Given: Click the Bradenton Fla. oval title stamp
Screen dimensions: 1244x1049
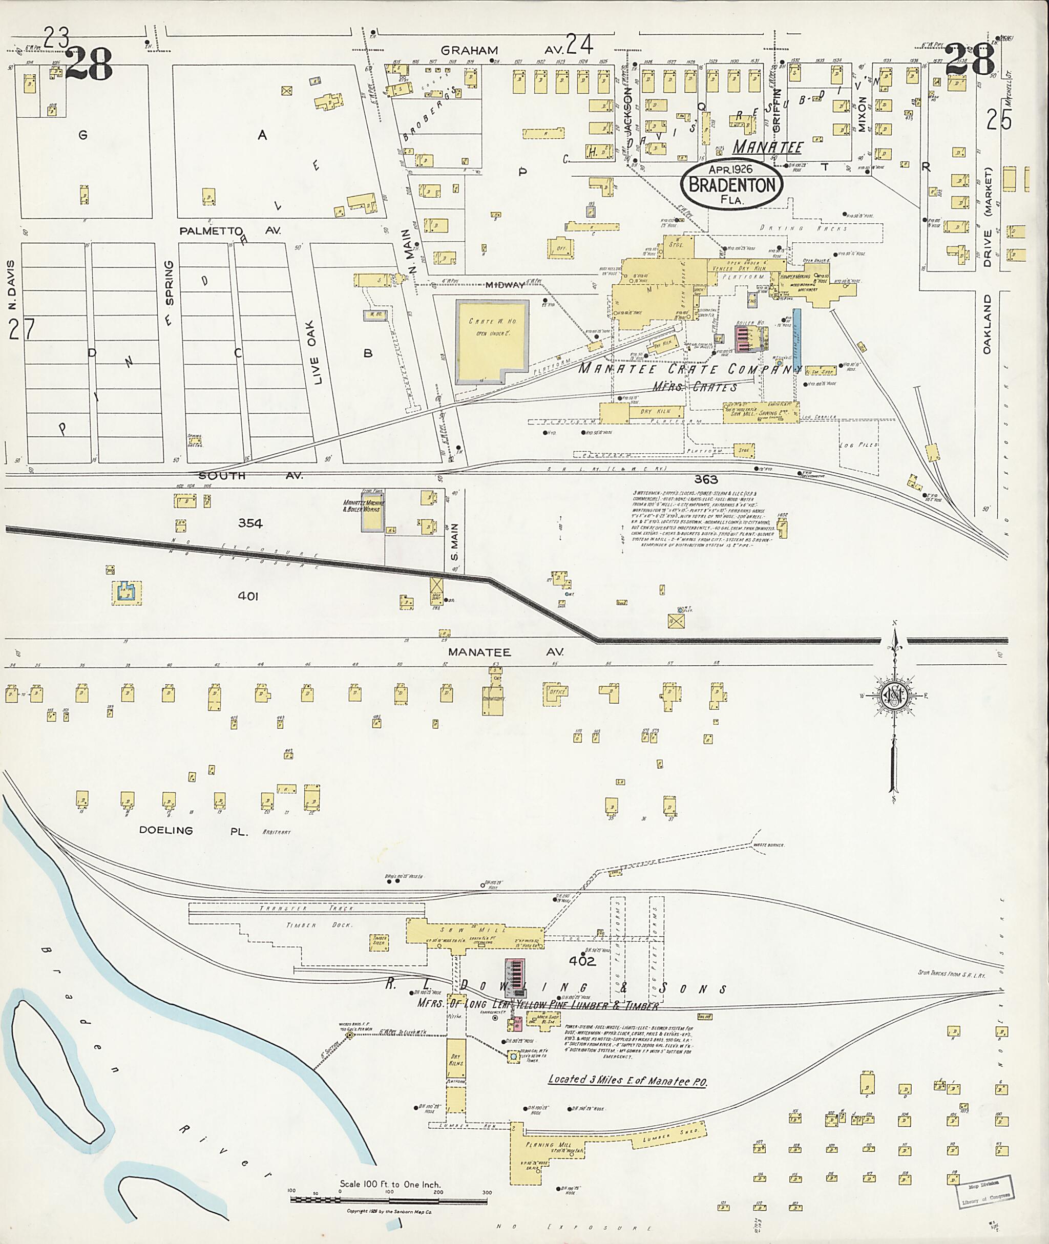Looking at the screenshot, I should (732, 184).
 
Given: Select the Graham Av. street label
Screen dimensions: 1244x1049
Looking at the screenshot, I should (470, 51).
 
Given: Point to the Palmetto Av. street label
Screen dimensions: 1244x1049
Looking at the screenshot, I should (229, 231).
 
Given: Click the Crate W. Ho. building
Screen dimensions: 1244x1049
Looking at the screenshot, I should (492, 341).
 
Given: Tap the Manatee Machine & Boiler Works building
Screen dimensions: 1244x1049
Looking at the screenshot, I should (373, 512).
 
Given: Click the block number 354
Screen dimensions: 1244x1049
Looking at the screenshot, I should (250, 523).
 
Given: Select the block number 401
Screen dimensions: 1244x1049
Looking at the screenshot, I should (248, 596).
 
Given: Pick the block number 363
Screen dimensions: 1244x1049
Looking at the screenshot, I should (706, 480).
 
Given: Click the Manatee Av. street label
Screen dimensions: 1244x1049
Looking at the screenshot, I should (479, 652).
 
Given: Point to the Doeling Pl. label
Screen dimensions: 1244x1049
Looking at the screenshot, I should (193, 830).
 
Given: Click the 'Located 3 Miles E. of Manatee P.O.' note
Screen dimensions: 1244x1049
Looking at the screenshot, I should (627, 1081).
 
